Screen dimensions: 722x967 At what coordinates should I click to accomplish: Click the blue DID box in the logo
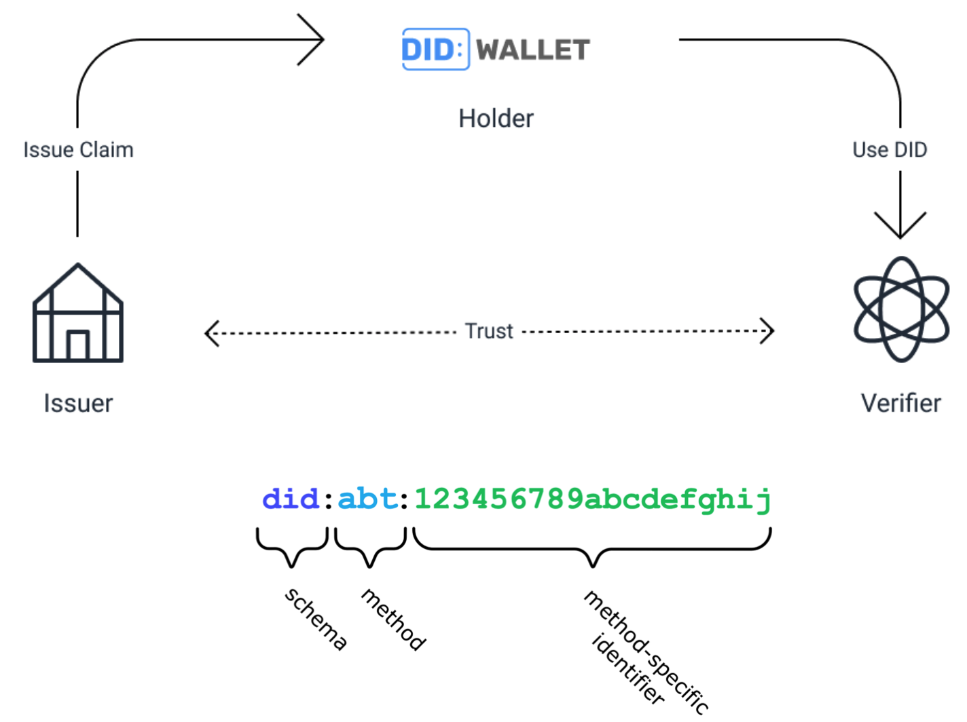[435, 50]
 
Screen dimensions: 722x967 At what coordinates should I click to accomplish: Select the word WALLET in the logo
[533, 50]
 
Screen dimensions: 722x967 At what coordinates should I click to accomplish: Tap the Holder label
[496, 119]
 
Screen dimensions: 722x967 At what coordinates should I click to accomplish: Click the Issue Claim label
[78, 150]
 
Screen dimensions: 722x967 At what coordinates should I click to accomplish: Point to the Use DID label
[890, 150]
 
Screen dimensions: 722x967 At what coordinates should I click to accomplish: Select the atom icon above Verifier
[901, 309]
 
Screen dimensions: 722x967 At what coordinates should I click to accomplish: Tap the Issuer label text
[78, 404]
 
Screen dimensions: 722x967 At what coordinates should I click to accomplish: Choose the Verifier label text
[901, 404]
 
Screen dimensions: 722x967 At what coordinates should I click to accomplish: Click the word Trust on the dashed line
[489, 331]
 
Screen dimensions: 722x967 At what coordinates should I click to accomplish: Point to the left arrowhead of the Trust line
[211, 333]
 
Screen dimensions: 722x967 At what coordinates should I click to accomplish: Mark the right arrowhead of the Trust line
[767, 331]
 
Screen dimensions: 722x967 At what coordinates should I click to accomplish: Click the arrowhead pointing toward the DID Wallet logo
[313, 39]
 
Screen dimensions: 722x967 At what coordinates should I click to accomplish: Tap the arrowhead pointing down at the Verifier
[900, 226]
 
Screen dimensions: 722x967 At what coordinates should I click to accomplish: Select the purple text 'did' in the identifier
[291, 499]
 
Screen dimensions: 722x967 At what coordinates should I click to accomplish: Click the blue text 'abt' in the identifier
[367, 499]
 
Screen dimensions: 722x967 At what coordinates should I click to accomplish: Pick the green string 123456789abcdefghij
[593, 499]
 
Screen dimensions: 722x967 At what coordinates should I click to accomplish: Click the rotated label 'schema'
[316, 619]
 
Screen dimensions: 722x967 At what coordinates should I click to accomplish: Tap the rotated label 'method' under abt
[393, 620]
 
